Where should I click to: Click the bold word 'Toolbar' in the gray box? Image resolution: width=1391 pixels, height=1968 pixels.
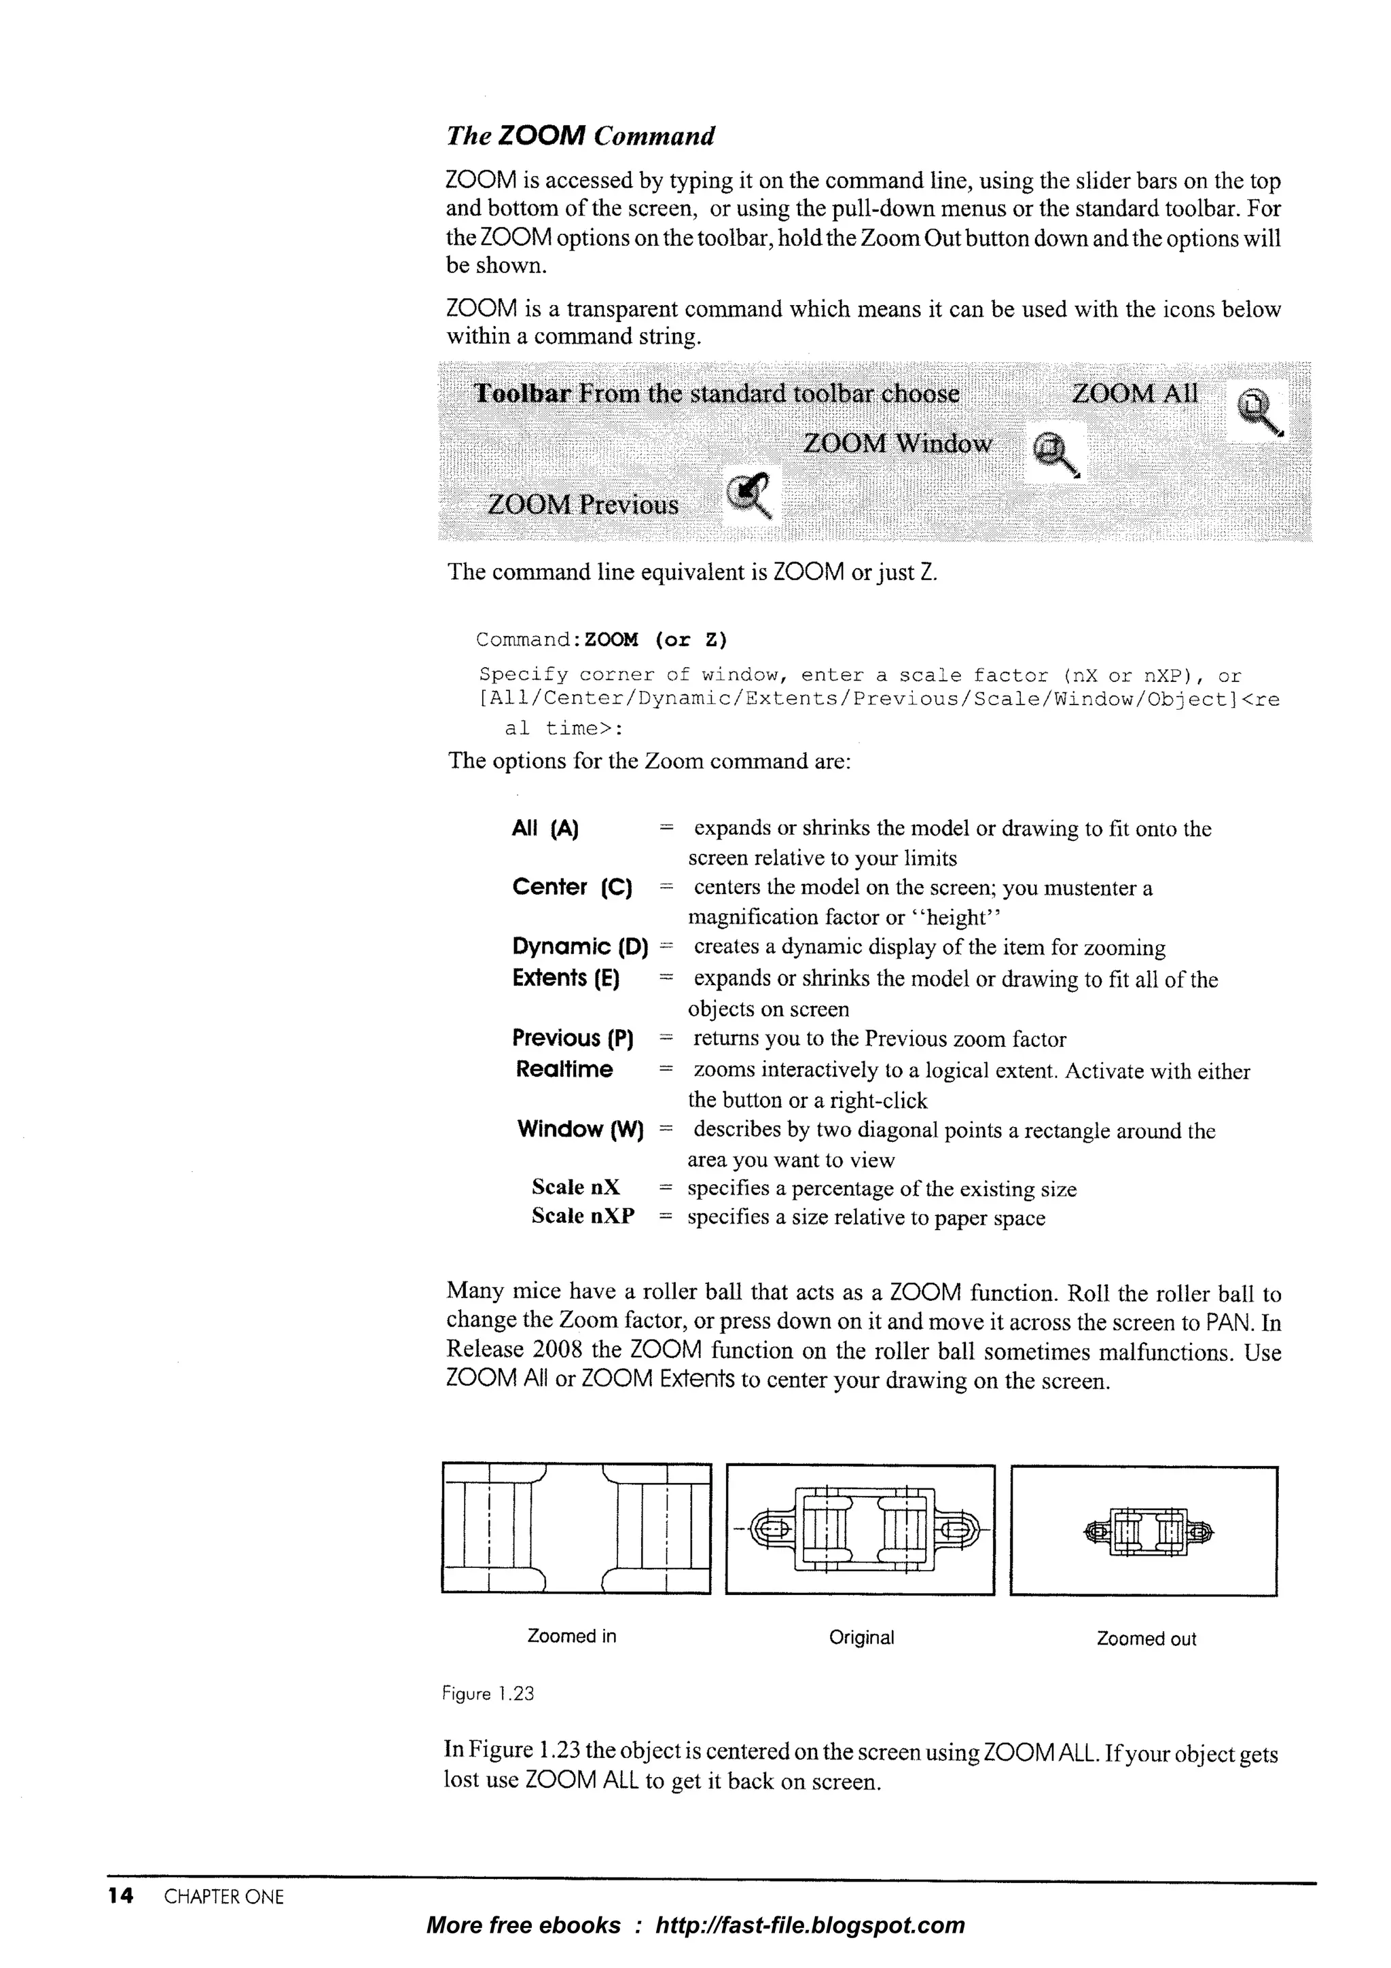(522, 393)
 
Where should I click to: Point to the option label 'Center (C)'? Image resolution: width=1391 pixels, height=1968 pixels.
(572, 887)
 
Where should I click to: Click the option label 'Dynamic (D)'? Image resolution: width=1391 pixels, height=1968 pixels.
(579, 946)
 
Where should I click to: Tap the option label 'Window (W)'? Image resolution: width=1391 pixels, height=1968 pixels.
(579, 1129)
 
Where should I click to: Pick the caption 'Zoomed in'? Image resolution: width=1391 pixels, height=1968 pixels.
(572, 1635)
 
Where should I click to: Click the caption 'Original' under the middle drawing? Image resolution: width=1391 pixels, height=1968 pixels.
(861, 1637)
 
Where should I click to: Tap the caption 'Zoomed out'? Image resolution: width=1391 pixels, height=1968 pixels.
(1146, 1639)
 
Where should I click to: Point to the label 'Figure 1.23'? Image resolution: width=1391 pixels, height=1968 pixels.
(488, 1694)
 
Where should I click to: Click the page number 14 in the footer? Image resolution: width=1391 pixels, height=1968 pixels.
(121, 1896)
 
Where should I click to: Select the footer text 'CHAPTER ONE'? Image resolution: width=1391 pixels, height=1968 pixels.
(223, 1897)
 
